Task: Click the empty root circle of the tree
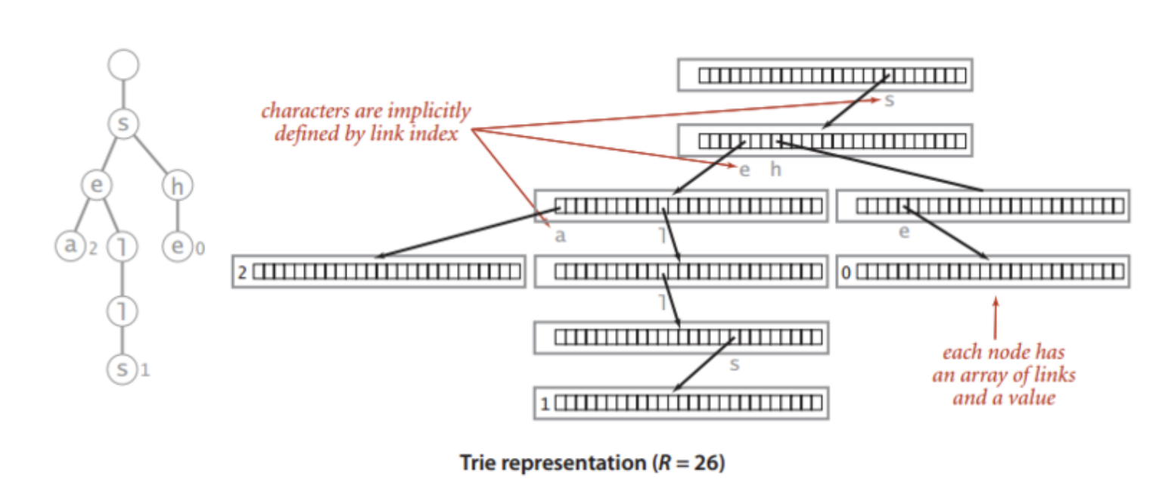tap(123, 65)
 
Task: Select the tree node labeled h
tap(177, 186)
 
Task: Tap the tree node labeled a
tap(70, 246)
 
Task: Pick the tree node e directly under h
tap(178, 246)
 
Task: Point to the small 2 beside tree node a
tap(93, 248)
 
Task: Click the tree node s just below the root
tap(123, 124)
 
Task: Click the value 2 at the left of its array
tap(242, 272)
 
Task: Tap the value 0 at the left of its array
tap(846, 272)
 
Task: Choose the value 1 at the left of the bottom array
tap(544, 403)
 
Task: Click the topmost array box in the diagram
tap(825, 75)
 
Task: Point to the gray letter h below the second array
tap(775, 170)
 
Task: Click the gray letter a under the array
tap(560, 235)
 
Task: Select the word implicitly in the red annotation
tap(427, 111)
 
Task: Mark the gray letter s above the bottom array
tap(734, 365)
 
